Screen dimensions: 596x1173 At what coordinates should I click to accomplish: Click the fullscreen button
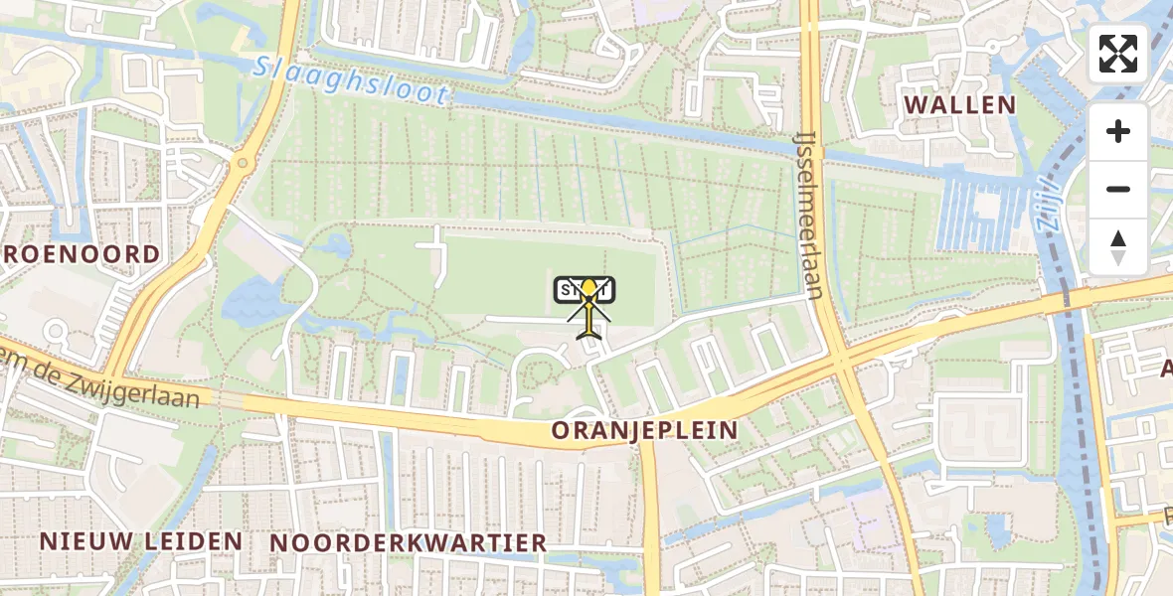pos(1118,54)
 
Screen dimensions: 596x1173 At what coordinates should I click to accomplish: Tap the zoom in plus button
pos(1118,131)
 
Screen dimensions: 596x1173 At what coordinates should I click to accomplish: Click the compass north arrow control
pos(1118,246)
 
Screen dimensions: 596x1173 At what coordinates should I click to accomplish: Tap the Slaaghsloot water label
pos(351,81)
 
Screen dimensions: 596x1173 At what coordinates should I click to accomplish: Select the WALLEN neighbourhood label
pos(958,105)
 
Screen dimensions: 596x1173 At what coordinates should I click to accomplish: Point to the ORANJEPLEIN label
pos(645,430)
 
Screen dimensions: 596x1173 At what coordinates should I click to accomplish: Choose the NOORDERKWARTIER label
pos(409,542)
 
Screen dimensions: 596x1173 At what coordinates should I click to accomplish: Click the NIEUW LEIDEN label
pos(140,541)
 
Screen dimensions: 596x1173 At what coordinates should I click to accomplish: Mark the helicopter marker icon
pos(589,308)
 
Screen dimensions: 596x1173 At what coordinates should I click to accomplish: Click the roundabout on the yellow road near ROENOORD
pos(241,163)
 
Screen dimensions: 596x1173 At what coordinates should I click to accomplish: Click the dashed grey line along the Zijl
pos(1078,397)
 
